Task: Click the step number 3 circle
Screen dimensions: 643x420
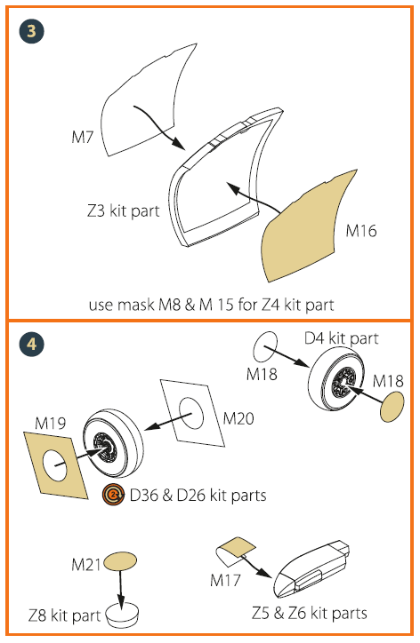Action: pos(32,33)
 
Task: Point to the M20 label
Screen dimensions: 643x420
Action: pos(240,417)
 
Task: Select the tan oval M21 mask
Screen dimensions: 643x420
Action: pos(121,561)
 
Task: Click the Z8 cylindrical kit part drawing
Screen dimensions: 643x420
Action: pos(122,615)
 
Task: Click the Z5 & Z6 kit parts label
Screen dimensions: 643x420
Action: pos(311,614)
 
